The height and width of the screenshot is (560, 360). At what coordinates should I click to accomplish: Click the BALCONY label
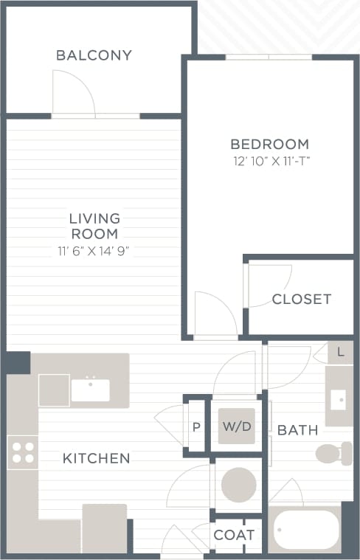click(94, 55)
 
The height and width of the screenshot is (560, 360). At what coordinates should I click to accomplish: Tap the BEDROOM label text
click(269, 144)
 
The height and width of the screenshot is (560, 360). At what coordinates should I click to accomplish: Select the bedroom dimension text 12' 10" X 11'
click(269, 161)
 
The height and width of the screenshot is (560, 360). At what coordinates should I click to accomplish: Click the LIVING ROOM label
click(94, 226)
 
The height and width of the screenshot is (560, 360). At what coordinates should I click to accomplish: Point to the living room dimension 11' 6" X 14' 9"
click(94, 250)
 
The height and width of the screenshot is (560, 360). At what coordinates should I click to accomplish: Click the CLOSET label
click(301, 299)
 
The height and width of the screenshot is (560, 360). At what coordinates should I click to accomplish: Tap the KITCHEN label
click(96, 458)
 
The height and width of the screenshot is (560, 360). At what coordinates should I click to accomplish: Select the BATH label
click(298, 430)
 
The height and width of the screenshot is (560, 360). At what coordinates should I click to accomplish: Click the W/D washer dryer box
click(237, 426)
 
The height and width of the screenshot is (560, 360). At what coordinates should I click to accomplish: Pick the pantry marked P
click(196, 427)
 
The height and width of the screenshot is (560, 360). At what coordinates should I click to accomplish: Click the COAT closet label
click(235, 535)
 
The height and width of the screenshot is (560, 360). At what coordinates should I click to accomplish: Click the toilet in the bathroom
click(333, 452)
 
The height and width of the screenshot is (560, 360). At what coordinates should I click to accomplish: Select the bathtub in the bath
click(307, 530)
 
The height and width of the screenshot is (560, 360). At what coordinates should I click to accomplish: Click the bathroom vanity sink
click(339, 400)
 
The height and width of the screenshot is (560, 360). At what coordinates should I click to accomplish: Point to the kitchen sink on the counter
click(90, 390)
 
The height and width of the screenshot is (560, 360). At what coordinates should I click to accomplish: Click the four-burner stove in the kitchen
click(23, 452)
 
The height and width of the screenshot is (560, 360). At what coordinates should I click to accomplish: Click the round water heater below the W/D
click(238, 485)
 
